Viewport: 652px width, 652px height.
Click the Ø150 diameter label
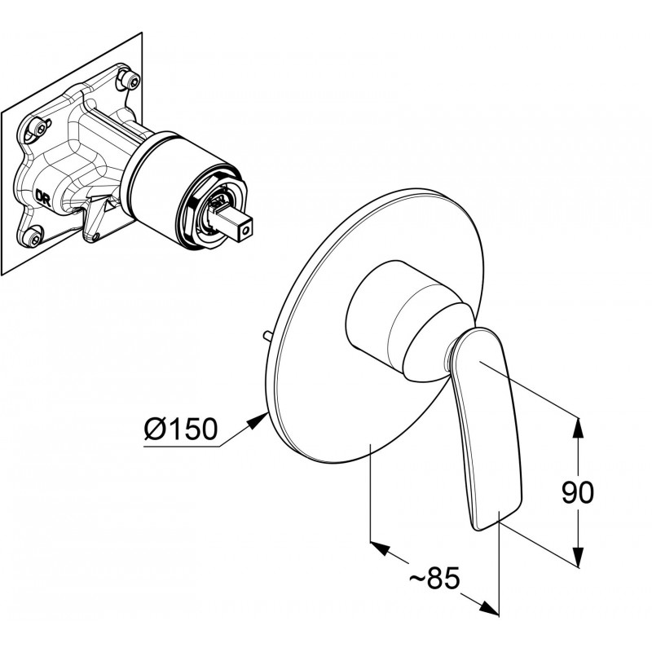pos(181,429)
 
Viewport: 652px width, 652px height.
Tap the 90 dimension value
pos(578,492)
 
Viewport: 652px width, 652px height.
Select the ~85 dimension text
pos(435,578)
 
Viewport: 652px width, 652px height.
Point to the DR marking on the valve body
pos(43,198)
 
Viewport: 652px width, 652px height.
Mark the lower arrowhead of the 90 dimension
pos(577,557)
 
